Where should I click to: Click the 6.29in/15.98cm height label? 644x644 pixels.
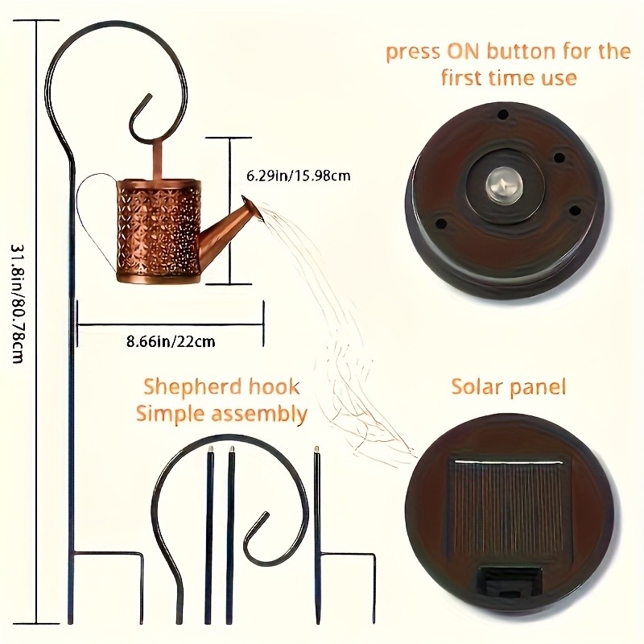pos(297,174)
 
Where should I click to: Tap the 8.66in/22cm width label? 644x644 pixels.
pos(171,341)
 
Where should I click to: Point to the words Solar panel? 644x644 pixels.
pos(508,387)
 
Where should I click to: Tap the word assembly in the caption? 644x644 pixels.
pos(262,415)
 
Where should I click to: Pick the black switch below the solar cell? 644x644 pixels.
pos(511,577)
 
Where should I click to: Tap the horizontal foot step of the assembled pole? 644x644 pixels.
pos(109,553)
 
